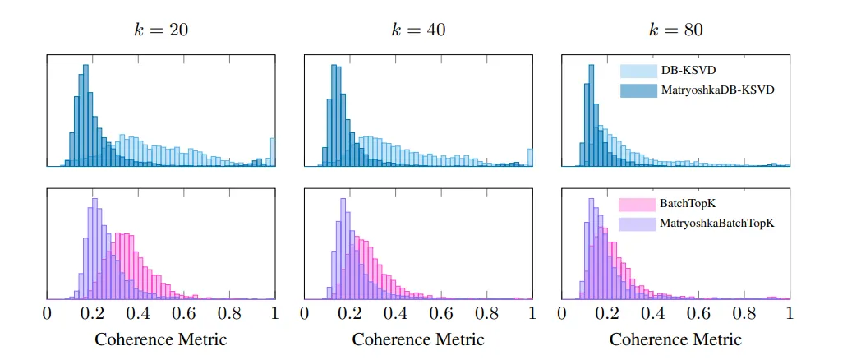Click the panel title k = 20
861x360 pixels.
(x=161, y=30)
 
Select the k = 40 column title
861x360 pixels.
(x=418, y=30)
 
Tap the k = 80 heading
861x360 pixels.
(x=675, y=30)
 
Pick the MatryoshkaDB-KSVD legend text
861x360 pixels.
(x=718, y=90)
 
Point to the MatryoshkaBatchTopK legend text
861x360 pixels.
(x=717, y=224)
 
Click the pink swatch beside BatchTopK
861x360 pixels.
(x=638, y=205)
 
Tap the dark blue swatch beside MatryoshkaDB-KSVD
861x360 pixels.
(x=638, y=90)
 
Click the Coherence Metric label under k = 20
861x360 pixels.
(x=161, y=339)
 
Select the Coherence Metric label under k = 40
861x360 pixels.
(x=418, y=339)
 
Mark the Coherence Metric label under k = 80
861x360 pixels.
(x=675, y=339)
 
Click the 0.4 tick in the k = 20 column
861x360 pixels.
(x=138, y=314)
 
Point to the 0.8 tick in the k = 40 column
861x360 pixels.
(x=487, y=314)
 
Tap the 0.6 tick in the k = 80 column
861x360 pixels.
(x=698, y=314)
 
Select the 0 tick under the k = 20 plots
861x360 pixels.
(x=47, y=314)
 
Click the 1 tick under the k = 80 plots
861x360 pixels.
(x=790, y=314)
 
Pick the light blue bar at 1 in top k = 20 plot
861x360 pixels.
(x=273, y=152)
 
